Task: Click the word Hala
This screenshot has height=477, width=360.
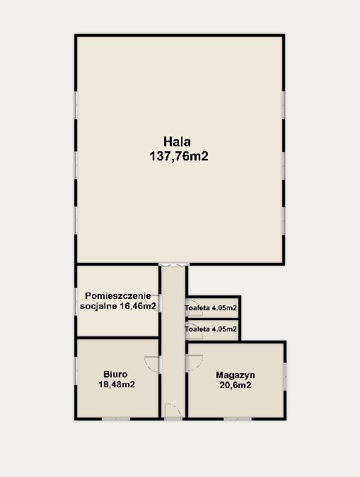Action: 177,142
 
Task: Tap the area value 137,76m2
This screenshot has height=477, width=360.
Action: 179,156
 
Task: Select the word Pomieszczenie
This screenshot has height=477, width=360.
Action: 118,296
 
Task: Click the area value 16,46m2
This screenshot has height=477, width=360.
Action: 137,306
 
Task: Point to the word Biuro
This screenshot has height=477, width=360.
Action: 115,374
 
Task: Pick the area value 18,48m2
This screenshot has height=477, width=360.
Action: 117,384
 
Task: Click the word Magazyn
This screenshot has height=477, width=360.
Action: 236,375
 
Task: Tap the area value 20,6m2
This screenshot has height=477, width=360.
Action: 236,385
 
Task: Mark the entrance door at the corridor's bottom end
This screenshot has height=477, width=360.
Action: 173,411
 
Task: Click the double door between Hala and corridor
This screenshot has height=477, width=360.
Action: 173,265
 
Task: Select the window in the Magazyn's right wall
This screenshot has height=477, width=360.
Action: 284,377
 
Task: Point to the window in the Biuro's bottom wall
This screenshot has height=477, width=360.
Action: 116,419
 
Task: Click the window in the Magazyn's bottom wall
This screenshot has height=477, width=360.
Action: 238,419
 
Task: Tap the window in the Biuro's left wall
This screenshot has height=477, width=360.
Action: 76,371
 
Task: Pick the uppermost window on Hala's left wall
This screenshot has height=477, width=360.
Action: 76,105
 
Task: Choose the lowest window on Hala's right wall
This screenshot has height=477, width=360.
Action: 283,221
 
